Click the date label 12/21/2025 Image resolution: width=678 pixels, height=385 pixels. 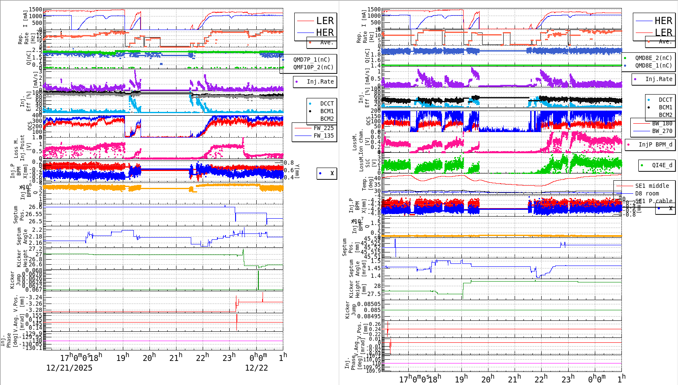(69, 368)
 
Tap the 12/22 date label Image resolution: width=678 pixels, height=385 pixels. (256, 368)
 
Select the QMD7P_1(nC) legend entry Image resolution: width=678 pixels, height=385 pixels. (312, 60)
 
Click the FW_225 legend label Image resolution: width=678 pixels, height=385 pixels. (323, 128)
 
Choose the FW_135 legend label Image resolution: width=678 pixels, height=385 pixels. (323, 136)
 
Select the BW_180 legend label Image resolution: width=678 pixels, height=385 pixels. (662, 123)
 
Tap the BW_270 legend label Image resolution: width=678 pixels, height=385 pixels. (662, 131)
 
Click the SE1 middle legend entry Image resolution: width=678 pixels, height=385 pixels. (652, 186)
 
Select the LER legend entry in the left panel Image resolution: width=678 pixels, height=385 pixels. (325, 21)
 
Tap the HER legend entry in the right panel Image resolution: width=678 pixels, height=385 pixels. (663, 21)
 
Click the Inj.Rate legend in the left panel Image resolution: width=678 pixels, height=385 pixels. (320, 81)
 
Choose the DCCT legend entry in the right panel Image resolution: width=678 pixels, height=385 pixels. (665, 100)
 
